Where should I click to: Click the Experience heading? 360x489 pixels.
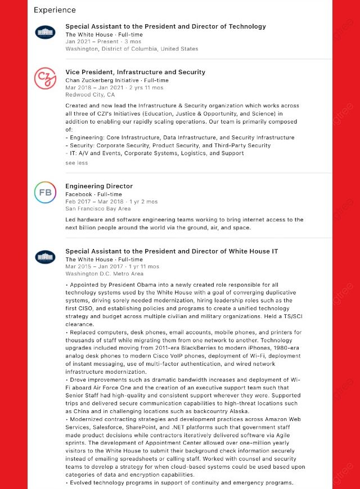[55, 10]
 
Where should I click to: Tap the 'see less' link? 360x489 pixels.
[76, 163]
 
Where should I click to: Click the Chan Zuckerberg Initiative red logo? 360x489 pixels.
[45, 78]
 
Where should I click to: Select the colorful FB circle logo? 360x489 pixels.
[45, 192]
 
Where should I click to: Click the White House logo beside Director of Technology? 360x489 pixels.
[45, 32]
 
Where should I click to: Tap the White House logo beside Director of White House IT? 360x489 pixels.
[45, 257]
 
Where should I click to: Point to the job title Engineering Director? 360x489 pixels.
[99, 186]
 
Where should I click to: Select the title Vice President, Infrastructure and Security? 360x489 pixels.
[135, 72]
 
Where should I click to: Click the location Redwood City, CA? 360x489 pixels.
[90, 95]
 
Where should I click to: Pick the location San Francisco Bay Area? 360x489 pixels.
[98, 209]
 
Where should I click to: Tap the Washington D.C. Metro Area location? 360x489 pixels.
[104, 274]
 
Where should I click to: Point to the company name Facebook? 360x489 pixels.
[78, 194]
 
